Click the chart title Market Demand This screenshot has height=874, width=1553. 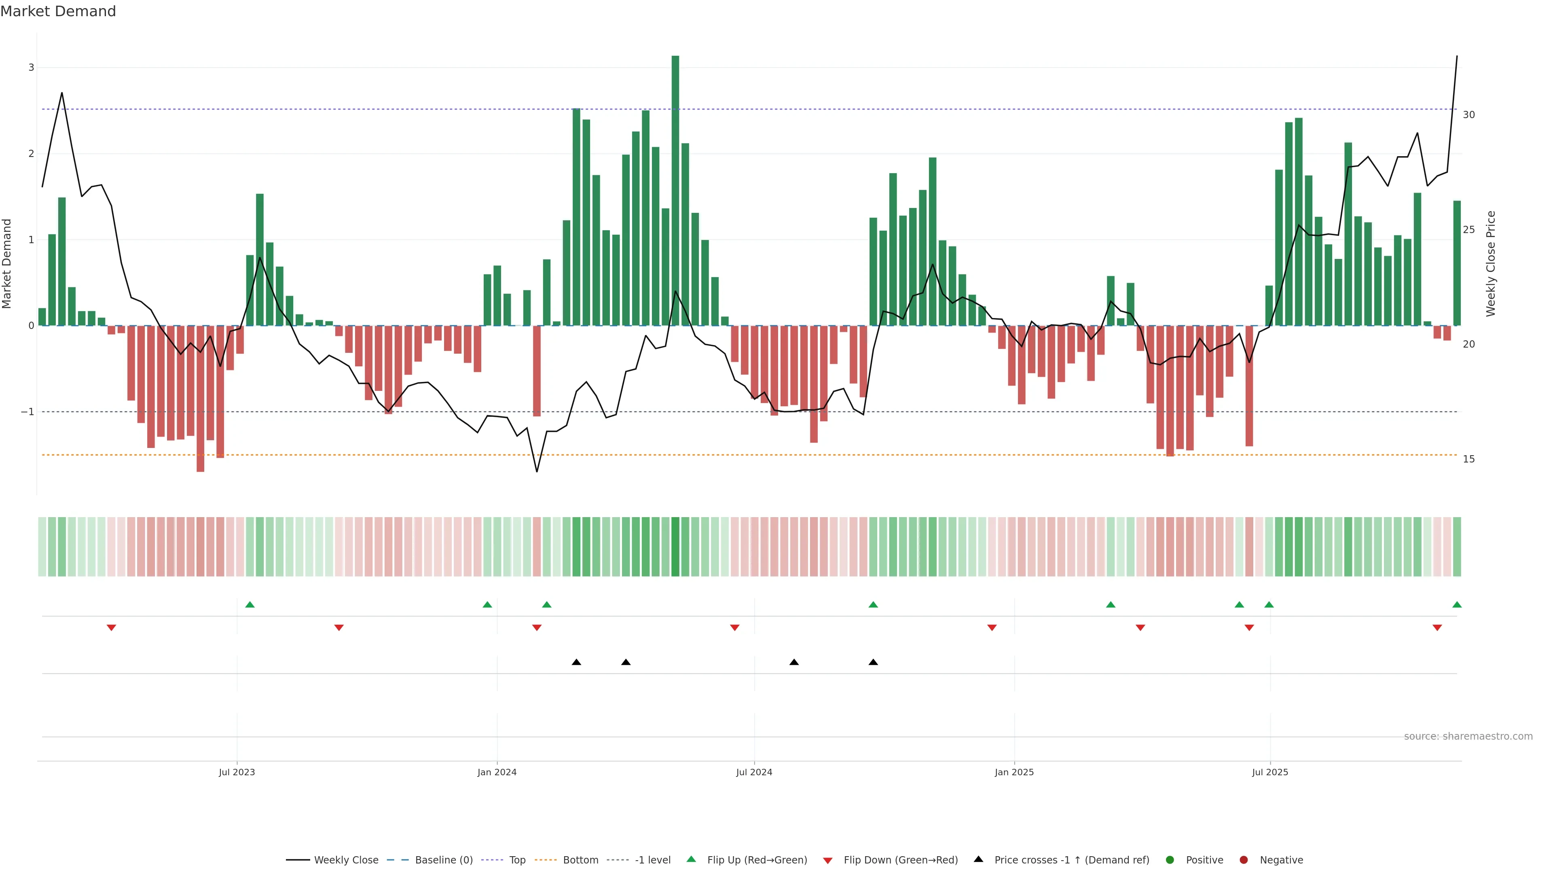(58, 11)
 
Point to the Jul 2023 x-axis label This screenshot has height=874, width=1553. (237, 772)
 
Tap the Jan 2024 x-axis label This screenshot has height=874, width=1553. (497, 772)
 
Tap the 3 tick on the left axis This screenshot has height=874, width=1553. (32, 68)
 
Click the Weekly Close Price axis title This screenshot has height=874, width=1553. (1491, 263)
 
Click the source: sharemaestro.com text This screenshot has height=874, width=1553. (1468, 736)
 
